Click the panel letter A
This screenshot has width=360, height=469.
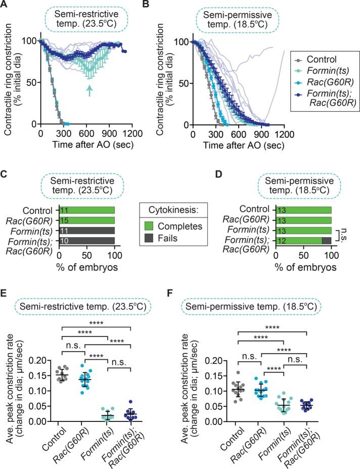coord(6,6)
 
